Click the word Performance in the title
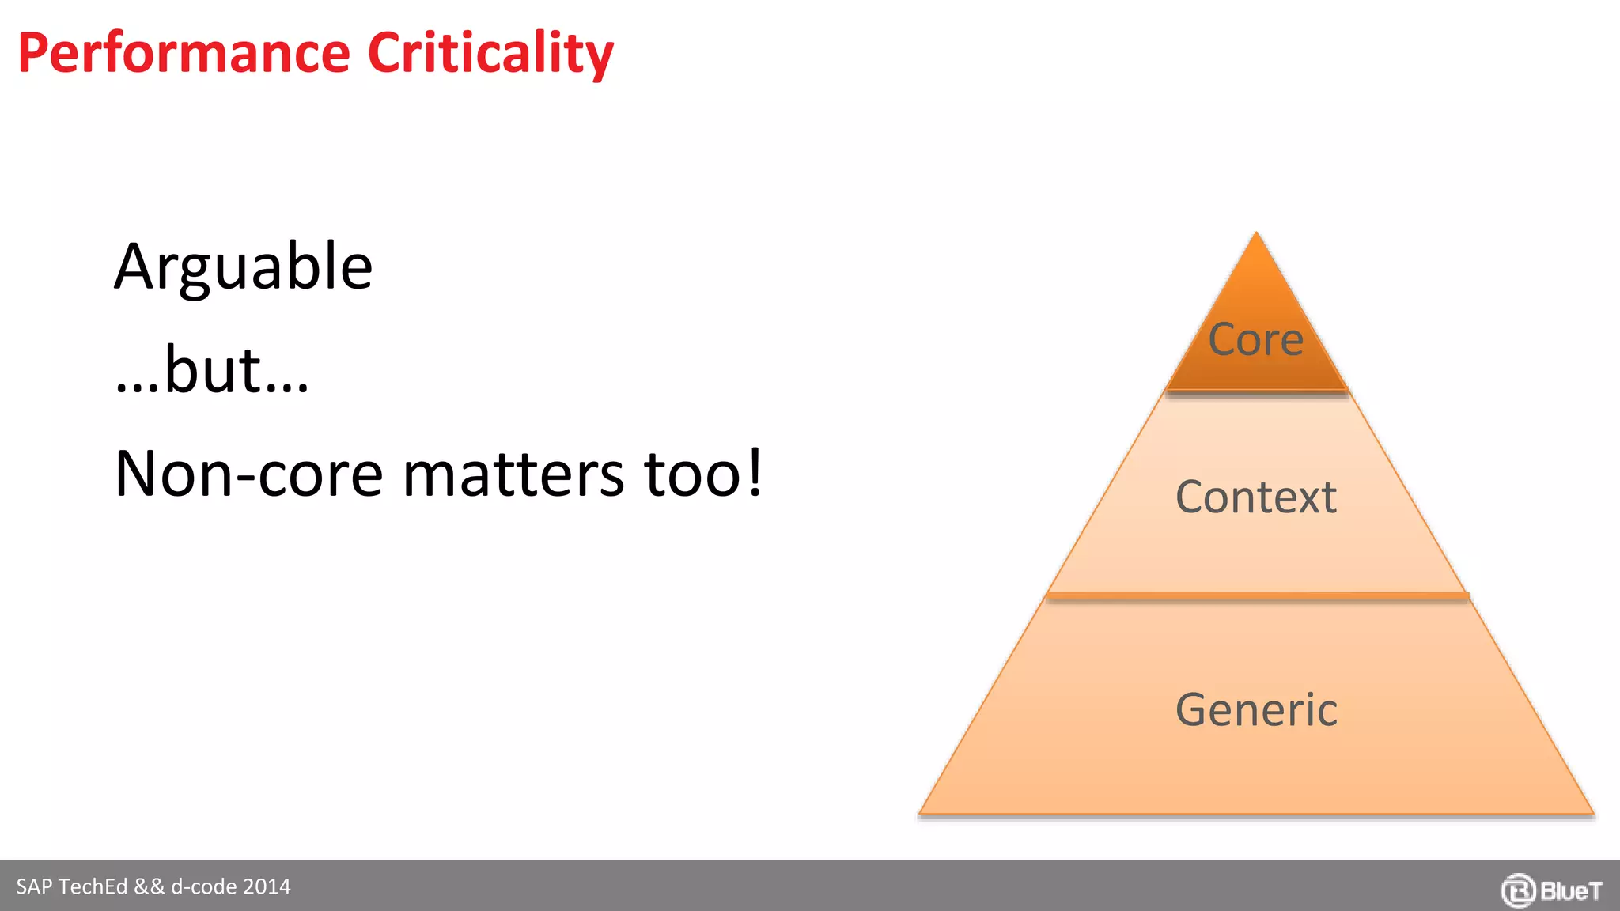[x=184, y=54]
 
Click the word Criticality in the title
[x=490, y=54]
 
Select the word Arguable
[x=243, y=267]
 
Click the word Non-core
[x=248, y=474]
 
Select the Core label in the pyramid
[x=1255, y=340]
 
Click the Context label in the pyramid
[x=1255, y=497]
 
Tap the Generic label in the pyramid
[x=1256, y=709]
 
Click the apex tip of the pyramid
[x=1256, y=236]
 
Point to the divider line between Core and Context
[x=1256, y=391]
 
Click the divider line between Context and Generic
[x=1256, y=595]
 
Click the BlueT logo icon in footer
[x=1517, y=890]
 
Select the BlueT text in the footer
[x=1571, y=891]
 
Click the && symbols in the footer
[x=150, y=886]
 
